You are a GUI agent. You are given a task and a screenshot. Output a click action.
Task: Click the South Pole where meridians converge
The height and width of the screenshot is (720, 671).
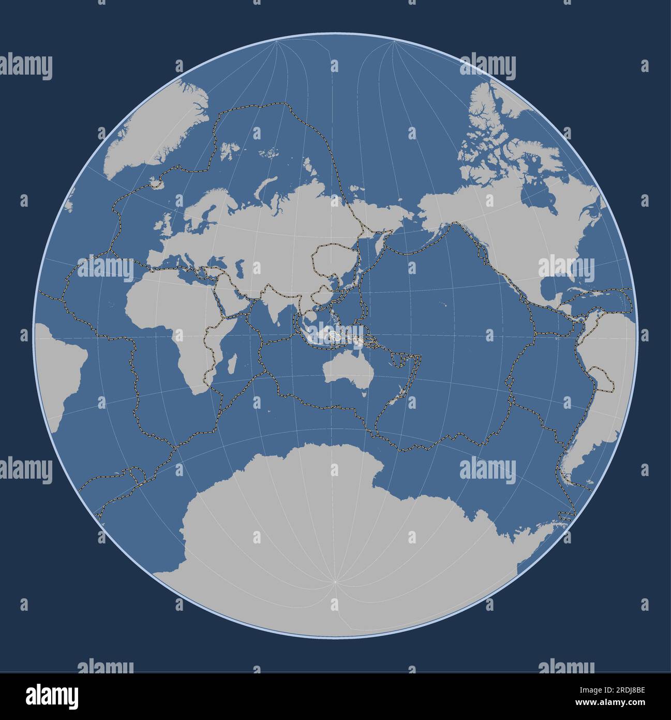[x=335, y=582]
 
